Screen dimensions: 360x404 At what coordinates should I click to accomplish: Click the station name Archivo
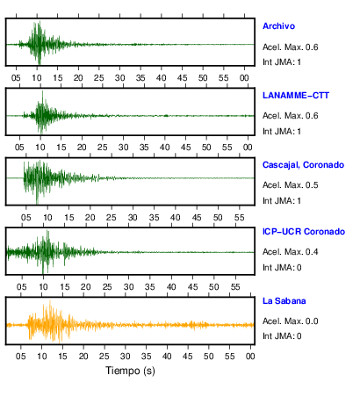coord(278,26)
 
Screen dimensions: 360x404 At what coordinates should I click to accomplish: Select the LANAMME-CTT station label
coord(296,96)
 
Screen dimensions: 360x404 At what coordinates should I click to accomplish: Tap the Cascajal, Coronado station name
coord(303,165)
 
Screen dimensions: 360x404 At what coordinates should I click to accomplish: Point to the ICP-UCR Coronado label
coord(304,232)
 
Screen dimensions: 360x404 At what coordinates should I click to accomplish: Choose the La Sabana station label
coord(284,301)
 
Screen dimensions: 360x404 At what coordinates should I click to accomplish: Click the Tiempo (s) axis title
coord(130,371)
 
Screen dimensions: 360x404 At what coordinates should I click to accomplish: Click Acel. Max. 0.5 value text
coord(291,185)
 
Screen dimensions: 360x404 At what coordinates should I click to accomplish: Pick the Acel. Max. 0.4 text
coord(291,252)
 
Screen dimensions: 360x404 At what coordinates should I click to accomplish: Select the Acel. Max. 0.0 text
coord(291,321)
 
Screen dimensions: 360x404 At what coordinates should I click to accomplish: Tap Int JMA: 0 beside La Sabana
coord(282,336)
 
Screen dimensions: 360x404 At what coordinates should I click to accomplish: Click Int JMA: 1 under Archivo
coord(282,62)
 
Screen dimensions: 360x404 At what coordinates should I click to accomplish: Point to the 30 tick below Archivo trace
coord(119,78)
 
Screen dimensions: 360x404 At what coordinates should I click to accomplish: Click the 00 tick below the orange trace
coord(250,357)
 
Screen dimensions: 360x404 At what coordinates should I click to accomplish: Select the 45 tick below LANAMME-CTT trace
coord(185,148)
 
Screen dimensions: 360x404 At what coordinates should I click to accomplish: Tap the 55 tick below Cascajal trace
coord(239,218)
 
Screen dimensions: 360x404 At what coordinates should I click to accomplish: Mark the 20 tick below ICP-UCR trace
coord(85,287)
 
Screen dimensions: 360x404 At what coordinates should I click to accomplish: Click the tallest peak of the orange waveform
coord(50,300)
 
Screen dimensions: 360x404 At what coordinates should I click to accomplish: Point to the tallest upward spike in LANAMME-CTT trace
coord(42,91)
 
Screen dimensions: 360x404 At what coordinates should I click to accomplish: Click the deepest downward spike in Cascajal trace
coord(37,203)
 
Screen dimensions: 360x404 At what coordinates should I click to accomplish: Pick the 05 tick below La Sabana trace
coord(21,357)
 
